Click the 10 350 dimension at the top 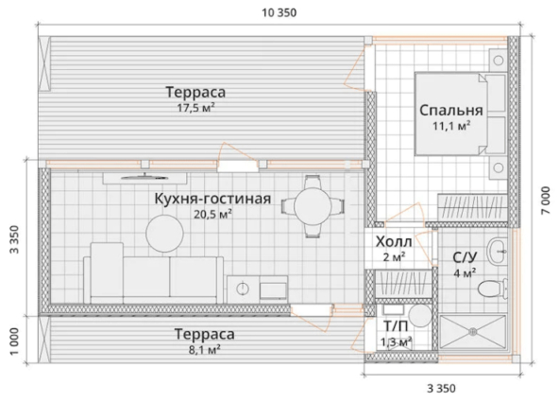(x=279, y=13)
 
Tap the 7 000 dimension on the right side (x=546, y=201)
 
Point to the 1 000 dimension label (x=14, y=342)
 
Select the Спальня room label (x=451, y=111)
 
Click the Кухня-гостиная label (x=212, y=199)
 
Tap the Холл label (x=394, y=242)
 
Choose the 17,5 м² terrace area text (x=195, y=108)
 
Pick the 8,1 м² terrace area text (x=204, y=349)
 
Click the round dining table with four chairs (x=313, y=206)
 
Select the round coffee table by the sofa (x=164, y=234)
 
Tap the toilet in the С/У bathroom (x=493, y=289)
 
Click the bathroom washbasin (x=497, y=252)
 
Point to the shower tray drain (x=473, y=332)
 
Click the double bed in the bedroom (x=461, y=114)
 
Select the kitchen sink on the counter (x=243, y=289)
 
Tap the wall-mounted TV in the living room (x=144, y=177)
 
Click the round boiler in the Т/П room (x=420, y=315)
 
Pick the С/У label (x=465, y=257)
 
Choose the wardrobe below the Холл (x=403, y=283)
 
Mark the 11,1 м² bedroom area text (x=451, y=126)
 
